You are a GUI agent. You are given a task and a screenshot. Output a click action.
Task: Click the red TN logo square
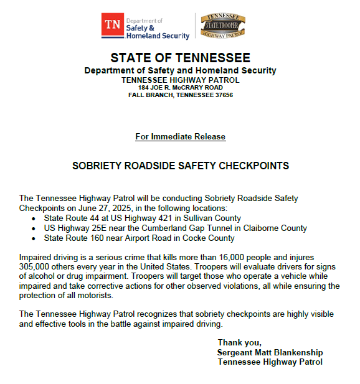pyautogui.click(x=113, y=26)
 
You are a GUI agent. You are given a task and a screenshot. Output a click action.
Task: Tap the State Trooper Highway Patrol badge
pyautogui.click(x=222, y=26)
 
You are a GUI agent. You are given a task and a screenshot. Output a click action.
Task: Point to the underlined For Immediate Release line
pyautogui.click(x=180, y=136)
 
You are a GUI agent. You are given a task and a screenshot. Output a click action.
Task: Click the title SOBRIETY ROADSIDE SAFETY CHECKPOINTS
pyautogui.click(x=181, y=166)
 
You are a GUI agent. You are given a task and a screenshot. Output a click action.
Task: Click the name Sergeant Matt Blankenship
pyautogui.click(x=270, y=352)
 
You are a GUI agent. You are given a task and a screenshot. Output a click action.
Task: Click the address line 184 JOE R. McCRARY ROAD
pyautogui.click(x=180, y=87)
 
